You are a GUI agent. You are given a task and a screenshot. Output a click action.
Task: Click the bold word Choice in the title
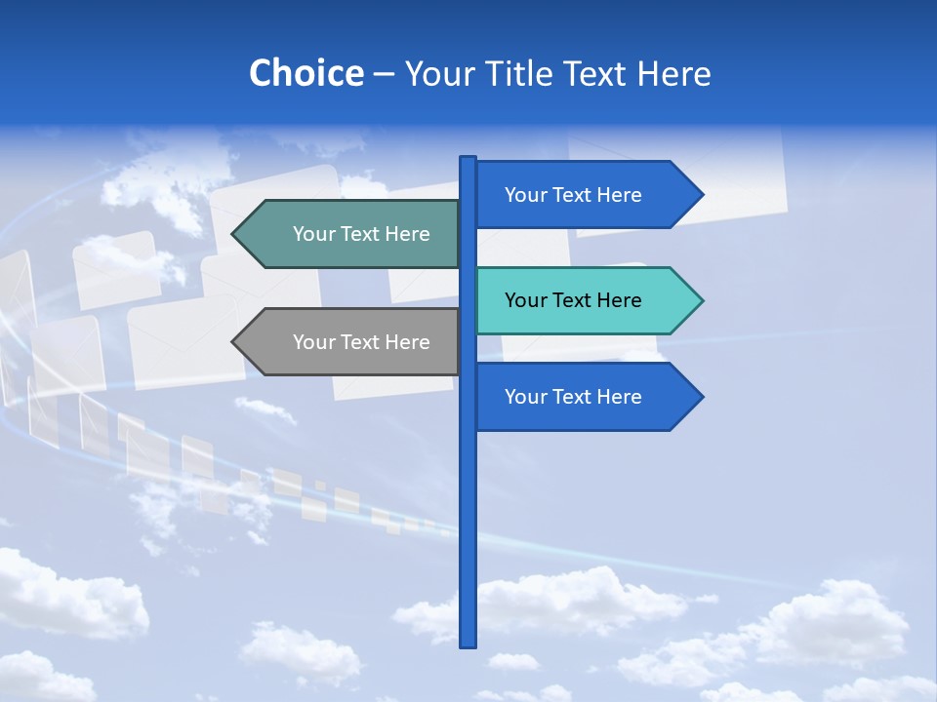(x=306, y=73)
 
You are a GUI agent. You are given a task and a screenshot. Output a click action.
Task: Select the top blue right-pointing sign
(x=586, y=195)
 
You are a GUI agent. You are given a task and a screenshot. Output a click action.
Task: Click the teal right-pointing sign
(x=586, y=300)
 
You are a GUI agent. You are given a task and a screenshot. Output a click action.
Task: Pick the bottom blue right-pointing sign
(x=586, y=397)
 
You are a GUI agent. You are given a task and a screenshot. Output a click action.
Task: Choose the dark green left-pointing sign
(x=351, y=234)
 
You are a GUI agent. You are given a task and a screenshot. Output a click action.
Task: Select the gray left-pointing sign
(x=351, y=342)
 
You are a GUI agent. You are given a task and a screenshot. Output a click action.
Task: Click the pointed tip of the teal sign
(x=700, y=300)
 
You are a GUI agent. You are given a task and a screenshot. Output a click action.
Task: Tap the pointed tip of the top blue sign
(x=700, y=195)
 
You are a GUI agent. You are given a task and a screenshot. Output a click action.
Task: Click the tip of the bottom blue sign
(x=700, y=397)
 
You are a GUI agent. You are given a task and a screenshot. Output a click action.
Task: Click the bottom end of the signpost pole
(x=468, y=643)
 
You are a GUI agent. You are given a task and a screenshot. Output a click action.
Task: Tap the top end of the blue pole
(x=468, y=160)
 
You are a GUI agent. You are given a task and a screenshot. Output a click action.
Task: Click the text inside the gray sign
(x=361, y=342)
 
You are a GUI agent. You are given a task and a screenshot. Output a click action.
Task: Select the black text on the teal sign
(x=573, y=300)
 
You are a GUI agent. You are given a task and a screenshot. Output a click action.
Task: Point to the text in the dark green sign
(x=361, y=234)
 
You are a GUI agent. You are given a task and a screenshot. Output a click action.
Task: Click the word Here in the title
(x=673, y=73)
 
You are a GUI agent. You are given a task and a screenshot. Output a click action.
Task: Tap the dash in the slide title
(x=384, y=74)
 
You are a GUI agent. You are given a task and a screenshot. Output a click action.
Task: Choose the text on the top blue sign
(x=573, y=195)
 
